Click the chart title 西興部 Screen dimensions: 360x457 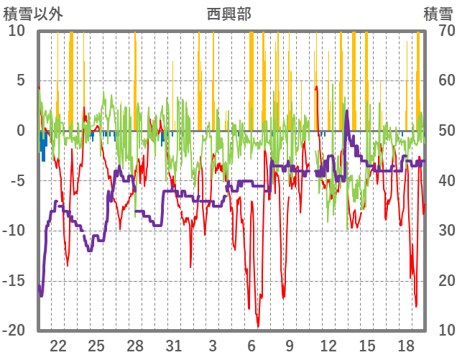229,14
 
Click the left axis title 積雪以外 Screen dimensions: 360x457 34,14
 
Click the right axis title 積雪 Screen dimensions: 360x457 438,14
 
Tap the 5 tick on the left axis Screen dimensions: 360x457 21,80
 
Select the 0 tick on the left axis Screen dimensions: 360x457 21,131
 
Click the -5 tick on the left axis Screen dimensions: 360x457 17,180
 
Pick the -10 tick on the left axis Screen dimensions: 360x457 14,231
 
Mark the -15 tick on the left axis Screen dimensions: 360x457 14,280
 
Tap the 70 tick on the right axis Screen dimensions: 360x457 440,31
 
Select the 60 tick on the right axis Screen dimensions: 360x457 440,80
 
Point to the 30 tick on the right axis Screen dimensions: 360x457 440,231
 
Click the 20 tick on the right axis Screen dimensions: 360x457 440,280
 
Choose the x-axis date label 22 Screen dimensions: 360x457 58,346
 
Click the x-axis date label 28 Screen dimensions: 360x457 135,346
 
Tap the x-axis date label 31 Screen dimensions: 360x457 174,346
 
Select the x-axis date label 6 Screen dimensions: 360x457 251,346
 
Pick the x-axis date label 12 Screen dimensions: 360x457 328,346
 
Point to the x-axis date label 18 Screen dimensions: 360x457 406,346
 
